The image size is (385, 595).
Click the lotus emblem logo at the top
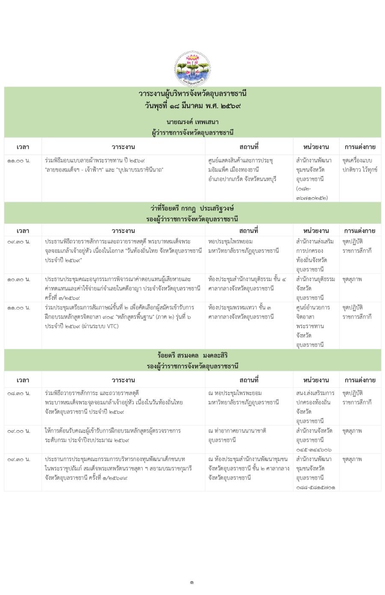point(192,68)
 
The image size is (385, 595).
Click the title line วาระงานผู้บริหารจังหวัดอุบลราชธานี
point(192,94)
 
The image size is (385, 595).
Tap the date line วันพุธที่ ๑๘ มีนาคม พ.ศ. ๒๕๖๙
point(192,105)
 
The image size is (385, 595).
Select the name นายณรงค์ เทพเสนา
point(192,122)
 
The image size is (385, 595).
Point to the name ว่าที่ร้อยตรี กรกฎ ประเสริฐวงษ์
point(192,208)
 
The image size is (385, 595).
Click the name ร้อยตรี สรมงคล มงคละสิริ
point(192,355)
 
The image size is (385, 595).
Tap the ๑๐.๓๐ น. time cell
point(19,279)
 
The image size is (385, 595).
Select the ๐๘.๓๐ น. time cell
point(19,393)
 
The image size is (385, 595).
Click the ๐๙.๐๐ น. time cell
point(19,431)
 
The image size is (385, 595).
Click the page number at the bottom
point(192,582)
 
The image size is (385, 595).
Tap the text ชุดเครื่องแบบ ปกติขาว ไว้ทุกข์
point(360,165)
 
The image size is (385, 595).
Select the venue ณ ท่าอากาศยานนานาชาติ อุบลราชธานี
point(237,435)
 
